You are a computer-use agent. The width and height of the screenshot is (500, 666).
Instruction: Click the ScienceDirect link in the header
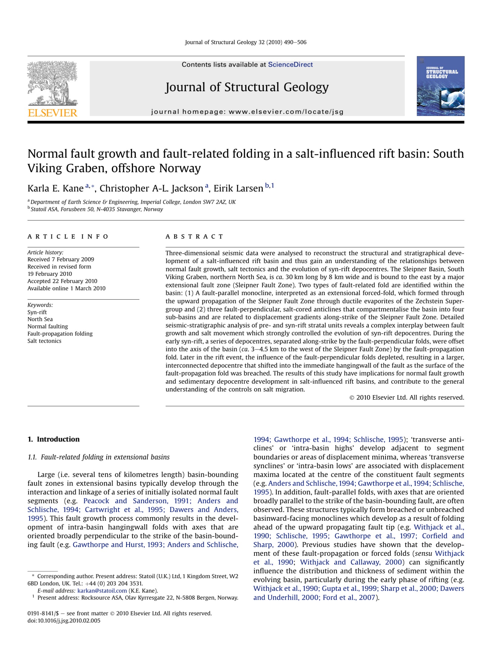point(290,64)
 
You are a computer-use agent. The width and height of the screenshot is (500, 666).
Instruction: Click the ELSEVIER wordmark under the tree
point(52,113)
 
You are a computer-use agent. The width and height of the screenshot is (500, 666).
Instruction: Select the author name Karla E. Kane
point(55,188)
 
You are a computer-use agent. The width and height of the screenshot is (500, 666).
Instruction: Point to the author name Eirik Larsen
point(238,188)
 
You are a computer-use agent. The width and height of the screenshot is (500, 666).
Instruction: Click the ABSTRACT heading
point(194,236)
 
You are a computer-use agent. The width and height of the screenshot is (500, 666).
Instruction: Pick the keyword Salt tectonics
point(44,341)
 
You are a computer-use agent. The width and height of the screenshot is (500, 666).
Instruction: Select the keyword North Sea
point(40,319)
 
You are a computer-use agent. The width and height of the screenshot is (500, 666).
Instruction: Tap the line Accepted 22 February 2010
point(62,281)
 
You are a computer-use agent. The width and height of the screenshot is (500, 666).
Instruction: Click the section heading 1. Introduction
point(53,439)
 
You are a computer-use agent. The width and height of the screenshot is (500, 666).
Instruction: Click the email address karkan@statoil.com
point(102,591)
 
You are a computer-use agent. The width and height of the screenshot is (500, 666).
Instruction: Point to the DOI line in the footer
point(64,621)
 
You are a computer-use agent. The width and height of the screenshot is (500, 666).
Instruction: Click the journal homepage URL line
point(247,112)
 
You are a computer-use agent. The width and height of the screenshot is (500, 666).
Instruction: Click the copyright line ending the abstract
point(407,397)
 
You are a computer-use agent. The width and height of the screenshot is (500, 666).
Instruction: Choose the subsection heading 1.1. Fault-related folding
point(98,457)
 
